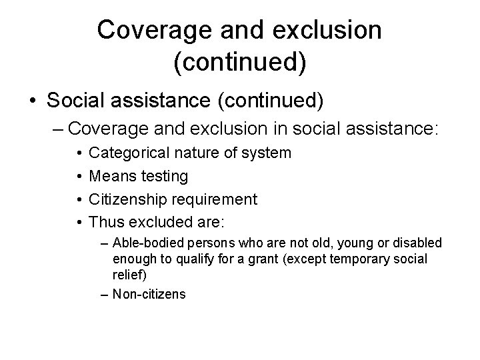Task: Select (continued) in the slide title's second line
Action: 240,63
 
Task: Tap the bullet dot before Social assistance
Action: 33,101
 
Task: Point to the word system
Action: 267,153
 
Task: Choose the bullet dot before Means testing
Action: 79,176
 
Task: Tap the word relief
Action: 127,274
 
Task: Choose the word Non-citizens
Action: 149,293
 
